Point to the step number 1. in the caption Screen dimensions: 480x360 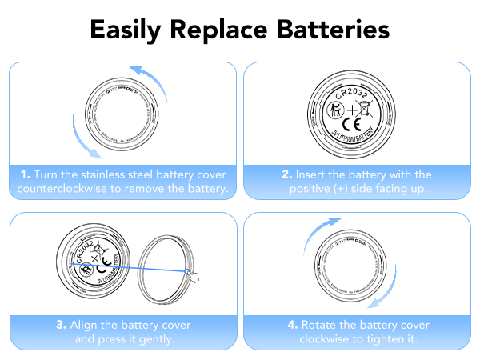coord(26,174)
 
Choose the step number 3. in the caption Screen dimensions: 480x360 coord(61,325)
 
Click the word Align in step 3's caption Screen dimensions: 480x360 coord(85,325)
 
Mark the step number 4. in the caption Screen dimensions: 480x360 coord(294,325)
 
